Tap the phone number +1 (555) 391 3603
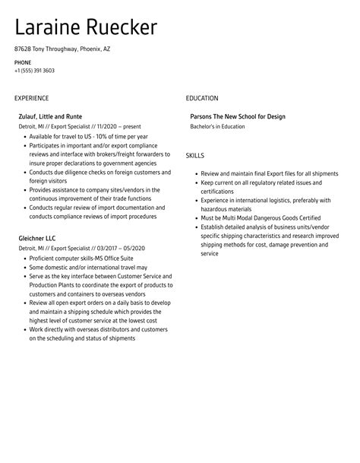(x=34, y=71)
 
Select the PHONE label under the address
(x=23, y=62)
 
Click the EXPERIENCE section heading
(x=32, y=98)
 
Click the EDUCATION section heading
(x=202, y=98)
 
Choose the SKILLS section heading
(x=196, y=155)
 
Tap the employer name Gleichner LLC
(x=37, y=239)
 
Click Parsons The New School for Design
(x=238, y=116)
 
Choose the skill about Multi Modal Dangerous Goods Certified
(x=258, y=217)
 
